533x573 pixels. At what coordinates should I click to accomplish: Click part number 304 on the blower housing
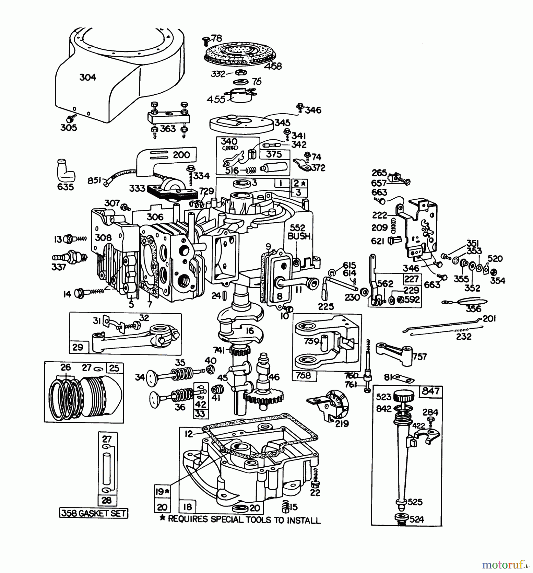[x=88, y=77]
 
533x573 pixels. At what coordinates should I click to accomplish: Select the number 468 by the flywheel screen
[x=273, y=66]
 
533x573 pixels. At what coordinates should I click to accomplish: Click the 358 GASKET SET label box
[x=94, y=513]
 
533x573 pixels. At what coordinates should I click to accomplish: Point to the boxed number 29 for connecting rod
[x=78, y=347]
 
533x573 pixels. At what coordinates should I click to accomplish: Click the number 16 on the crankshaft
[x=250, y=331]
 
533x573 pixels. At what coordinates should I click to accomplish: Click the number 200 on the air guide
[x=181, y=155]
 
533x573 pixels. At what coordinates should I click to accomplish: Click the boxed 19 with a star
[x=162, y=492]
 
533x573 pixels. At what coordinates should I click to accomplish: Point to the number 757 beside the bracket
[x=420, y=357]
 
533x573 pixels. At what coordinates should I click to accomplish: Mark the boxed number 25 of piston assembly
[x=114, y=368]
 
